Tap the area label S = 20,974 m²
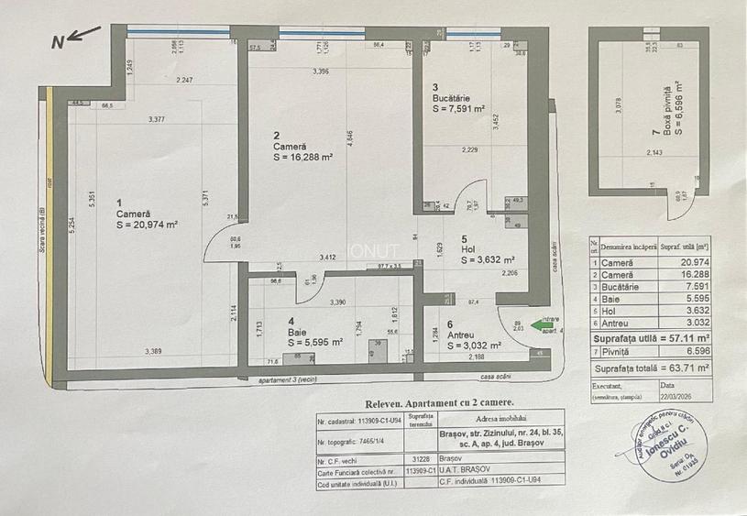[x=146, y=224]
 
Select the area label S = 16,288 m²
[x=302, y=157]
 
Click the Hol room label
[x=468, y=248]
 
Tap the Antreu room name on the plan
[x=462, y=335]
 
